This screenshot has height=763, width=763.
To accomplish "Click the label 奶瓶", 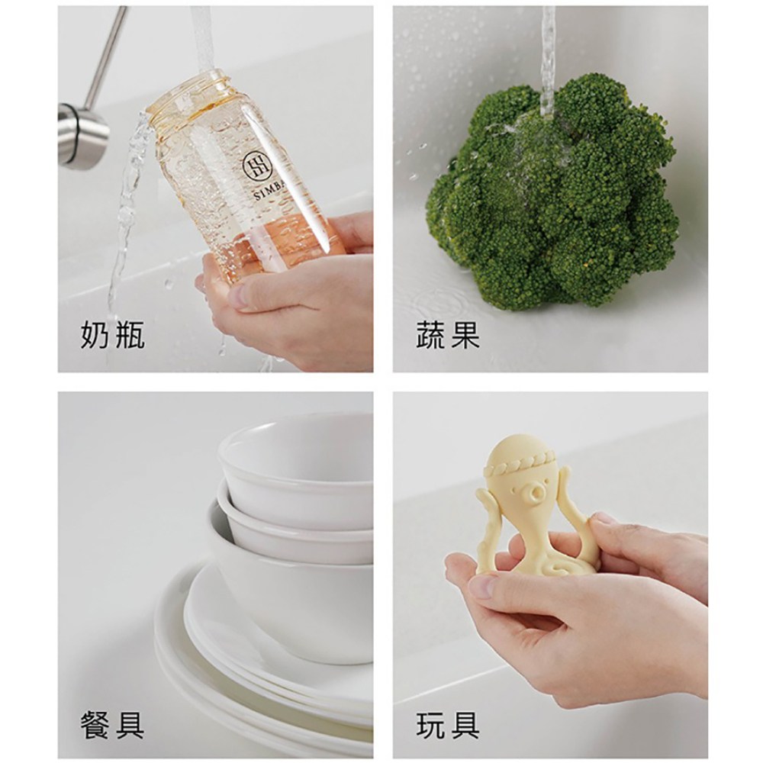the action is tap(112, 335).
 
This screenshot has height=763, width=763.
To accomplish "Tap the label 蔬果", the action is tap(448, 335).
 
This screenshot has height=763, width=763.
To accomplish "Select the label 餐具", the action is tap(112, 724).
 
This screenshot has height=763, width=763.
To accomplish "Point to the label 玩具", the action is tap(448, 724).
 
